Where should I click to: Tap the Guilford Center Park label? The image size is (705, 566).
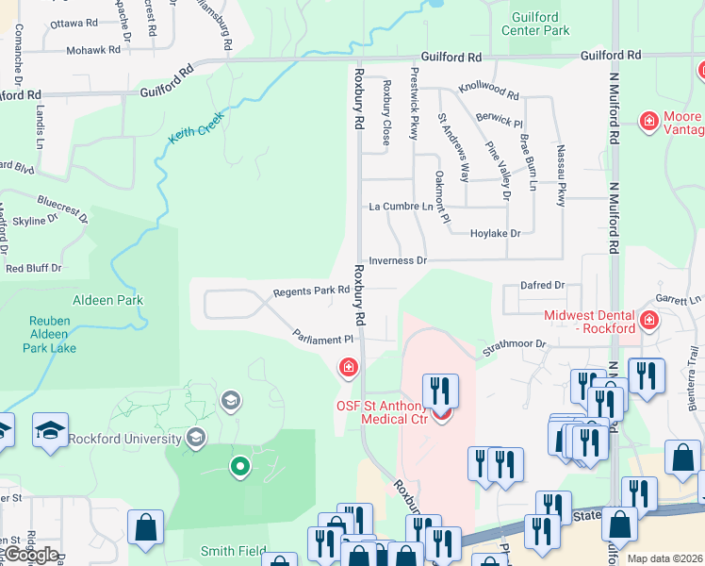point(541,24)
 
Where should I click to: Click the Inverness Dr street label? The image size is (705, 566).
point(398,260)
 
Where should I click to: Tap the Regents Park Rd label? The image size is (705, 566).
point(311,291)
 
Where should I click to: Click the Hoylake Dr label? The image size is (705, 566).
point(495,233)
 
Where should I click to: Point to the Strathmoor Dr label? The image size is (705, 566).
point(515,345)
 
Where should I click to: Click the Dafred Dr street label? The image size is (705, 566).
point(542,285)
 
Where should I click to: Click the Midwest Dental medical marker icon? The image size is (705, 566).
point(648,322)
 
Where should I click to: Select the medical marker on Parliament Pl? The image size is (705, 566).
point(349,367)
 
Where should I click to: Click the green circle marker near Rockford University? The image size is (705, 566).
point(240,466)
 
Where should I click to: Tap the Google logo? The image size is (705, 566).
point(30,555)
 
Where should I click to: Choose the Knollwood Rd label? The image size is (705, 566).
point(488,93)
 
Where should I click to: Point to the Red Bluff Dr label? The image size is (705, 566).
point(33,268)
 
